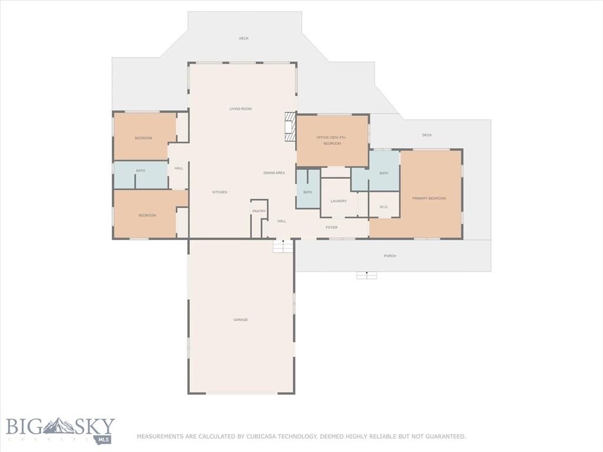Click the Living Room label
click(x=241, y=109)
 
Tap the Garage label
click(x=241, y=320)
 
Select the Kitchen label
click(x=220, y=192)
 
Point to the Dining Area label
click(x=274, y=173)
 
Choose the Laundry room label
click(x=339, y=201)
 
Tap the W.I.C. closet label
click(x=384, y=207)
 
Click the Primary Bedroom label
click(x=429, y=198)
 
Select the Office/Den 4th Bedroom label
click(x=332, y=140)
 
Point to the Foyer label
click(x=332, y=228)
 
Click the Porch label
click(x=390, y=256)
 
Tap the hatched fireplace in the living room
click(x=290, y=127)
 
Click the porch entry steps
click(x=366, y=275)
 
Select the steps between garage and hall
click(x=283, y=246)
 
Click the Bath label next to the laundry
click(x=307, y=192)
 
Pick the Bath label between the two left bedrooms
click(x=140, y=171)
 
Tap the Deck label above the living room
click(x=244, y=38)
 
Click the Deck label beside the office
click(x=427, y=135)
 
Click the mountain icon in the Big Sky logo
click(x=58, y=426)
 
